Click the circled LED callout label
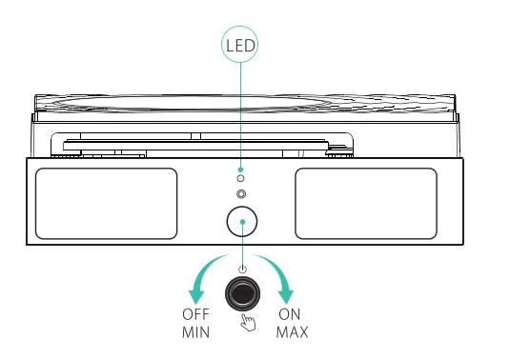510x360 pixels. [x=240, y=44]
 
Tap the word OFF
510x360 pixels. [x=194, y=314]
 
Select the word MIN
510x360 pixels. [x=194, y=332]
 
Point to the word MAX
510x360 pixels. [x=292, y=332]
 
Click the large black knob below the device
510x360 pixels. [x=243, y=295]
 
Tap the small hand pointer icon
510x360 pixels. [x=249, y=323]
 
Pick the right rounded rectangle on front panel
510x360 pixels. [x=365, y=203]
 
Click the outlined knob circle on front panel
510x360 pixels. [x=243, y=222]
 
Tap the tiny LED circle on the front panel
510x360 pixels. [x=240, y=178]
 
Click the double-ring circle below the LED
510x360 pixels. [x=240, y=194]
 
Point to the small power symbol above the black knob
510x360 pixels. [x=243, y=270]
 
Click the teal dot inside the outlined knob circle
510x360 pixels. [x=243, y=222]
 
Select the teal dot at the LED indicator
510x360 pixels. [x=240, y=168]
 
